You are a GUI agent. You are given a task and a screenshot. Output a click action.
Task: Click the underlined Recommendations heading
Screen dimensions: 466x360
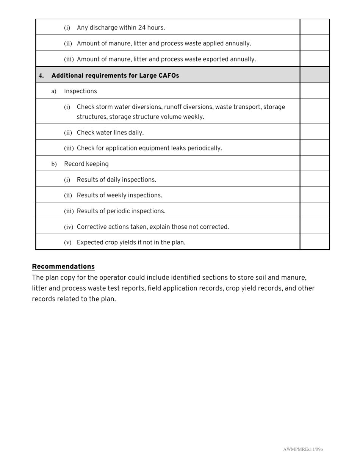63,266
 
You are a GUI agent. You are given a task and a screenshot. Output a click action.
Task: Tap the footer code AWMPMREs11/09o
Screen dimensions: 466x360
303,449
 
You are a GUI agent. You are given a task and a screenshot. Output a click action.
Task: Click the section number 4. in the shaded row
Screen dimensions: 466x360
41,76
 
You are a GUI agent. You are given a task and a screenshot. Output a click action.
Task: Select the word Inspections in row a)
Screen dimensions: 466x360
80,91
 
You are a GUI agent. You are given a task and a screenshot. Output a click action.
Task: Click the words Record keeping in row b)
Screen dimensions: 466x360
86,164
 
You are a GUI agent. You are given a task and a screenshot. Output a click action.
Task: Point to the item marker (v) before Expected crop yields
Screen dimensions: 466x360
68,243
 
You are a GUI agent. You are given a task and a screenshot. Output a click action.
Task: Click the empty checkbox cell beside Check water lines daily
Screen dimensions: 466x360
315,132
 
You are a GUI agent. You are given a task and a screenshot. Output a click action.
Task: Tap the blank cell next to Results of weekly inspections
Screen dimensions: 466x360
315,195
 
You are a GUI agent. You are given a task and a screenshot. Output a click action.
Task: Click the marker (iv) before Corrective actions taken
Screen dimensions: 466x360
69,227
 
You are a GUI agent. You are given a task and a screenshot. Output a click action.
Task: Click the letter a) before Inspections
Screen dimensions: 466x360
54,91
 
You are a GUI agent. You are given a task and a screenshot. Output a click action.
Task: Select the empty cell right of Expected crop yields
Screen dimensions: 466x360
315,242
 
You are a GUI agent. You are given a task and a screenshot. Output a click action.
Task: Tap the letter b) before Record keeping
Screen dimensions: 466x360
54,164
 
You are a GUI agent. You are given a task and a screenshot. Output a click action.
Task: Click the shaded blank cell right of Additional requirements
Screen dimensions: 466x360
315,75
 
